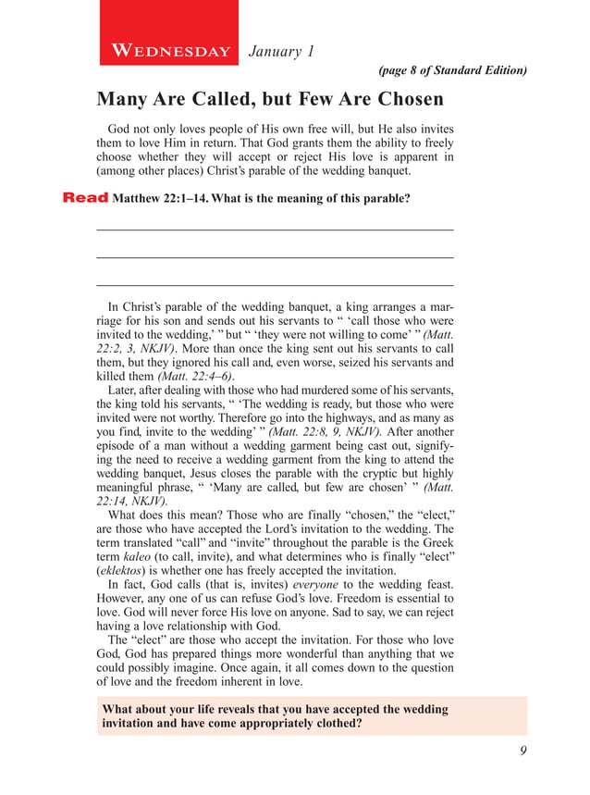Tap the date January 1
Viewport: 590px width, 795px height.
[x=282, y=52]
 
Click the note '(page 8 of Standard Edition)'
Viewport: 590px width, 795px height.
[x=453, y=70]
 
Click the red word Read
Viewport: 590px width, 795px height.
[x=84, y=197]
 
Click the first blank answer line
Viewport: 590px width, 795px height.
[x=275, y=229]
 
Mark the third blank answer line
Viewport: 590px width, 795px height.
[x=275, y=284]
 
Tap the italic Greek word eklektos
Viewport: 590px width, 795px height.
[x=124, y=572]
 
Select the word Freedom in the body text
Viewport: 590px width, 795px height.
[x=368, y=600]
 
